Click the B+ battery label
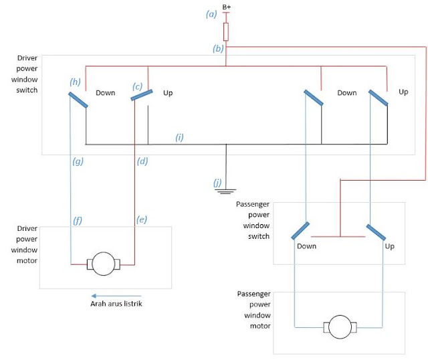pyautogui.click(x=227, y=7)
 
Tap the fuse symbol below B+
pyautogui.click(x=227, y=31)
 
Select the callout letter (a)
pyautogui.click(x=212, y=14)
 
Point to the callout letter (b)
pyautogui.click(x=218, y=49)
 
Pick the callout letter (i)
pyautogui.click(x=179, y=137)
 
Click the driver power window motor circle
pyautogui.click(x=103, y=263)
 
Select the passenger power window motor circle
pyautogui.click(x=340, y=328)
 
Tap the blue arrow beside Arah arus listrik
pyautogui.click(x=116, y=295)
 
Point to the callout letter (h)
pyautogui.click(x=75, y=81)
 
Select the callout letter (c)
pyautogui.click(x=138, y=86)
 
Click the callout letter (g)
pyautogui.click(x=78, y=161)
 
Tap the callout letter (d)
pyautogui.click(x=142, y=161)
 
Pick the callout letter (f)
pyautogui.click(x=78, y=219)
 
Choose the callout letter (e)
pyautogui.click(x=142, y=219)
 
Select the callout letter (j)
pyautogui.click(x=217, y=182)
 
